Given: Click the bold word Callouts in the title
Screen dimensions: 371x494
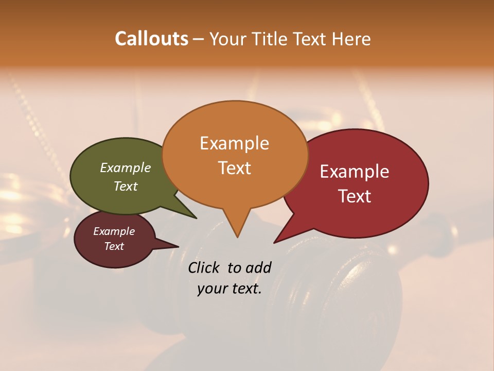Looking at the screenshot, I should tap(151, 39).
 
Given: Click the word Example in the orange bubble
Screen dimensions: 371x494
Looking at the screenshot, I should tap(234, 143).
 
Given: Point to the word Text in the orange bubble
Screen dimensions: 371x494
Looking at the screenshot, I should tap(235, 168).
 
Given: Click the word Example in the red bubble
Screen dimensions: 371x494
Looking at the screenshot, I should tap(355, 172).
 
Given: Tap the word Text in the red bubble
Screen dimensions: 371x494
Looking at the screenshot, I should tap(355, 196).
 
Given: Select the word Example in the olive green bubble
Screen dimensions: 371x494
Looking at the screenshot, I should tap(126, 167).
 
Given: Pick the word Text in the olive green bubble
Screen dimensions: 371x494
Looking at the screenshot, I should tap(126, 186).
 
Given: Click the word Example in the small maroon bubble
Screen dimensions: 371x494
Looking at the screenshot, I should tap(114, 231).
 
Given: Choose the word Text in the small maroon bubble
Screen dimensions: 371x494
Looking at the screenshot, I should tap(114, 246).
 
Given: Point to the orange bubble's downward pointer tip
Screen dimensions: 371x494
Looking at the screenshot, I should tap(237, 237).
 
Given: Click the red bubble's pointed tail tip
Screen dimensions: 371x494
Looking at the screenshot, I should tap(274, 242).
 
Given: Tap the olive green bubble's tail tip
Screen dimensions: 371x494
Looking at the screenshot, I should tap(196, 218).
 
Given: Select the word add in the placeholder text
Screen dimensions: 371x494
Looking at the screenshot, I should tap(258, 267).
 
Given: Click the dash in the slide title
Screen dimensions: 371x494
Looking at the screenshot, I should tap(199, 39).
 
